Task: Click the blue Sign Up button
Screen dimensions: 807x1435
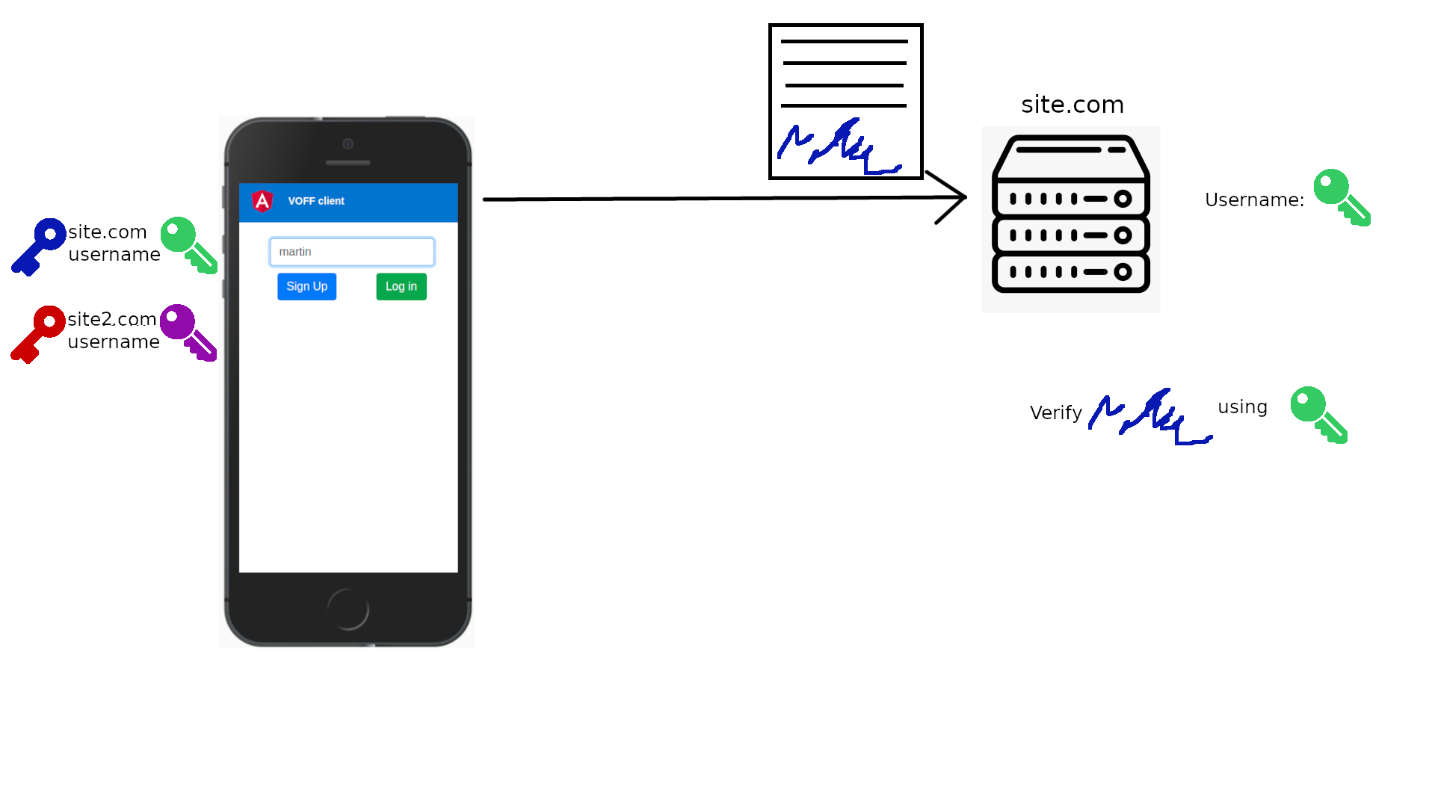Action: tap(306, 286)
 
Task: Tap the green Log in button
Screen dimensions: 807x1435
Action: tap(401, 286)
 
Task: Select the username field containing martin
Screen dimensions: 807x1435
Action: tap(351, 252)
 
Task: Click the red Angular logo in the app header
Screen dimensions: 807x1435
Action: tap(262, 201)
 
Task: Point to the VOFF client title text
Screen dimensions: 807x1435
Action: tap(316, 201)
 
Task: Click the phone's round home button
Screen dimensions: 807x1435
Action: tap(348, 609)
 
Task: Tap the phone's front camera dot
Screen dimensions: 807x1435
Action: tap(348, 143)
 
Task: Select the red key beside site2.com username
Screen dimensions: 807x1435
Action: tap(38, 333)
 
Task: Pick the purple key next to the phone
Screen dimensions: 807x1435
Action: tap(188, 332)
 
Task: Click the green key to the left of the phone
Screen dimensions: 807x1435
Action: tap(188, 244)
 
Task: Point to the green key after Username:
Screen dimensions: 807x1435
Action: tap(1342, 197)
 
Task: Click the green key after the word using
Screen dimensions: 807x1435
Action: tap(1318, 414)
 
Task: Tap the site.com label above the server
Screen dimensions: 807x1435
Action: tap(1073, 105)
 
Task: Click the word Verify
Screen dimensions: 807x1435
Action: tap(1055, 412)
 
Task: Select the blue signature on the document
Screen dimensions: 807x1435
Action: tap(839, 147)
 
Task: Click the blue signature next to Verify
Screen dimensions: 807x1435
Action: tap(1149, 417)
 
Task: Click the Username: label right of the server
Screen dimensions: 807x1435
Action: tap(1254, 200)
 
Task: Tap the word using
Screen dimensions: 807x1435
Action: tap(1242, 407)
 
